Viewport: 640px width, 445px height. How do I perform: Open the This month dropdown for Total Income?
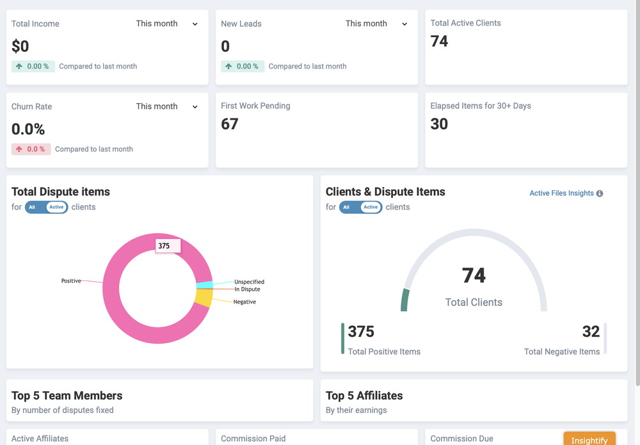166,24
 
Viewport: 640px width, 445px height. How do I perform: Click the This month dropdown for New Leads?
376,24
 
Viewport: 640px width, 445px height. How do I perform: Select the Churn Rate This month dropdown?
166,107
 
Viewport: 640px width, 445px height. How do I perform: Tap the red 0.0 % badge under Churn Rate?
31,149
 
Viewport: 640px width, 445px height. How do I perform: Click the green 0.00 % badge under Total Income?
33,67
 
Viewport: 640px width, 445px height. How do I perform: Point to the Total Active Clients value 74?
439,42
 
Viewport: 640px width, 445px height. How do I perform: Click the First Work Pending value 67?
230,124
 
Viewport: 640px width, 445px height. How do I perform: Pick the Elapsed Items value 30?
439,124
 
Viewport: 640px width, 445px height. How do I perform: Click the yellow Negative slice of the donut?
203,297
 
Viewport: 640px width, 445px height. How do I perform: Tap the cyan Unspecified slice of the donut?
204,285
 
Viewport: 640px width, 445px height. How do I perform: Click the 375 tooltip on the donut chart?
164,246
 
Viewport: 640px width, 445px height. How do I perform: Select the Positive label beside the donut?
71,281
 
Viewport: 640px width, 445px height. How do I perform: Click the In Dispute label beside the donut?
247,289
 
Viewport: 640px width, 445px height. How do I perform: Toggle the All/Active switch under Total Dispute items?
46,207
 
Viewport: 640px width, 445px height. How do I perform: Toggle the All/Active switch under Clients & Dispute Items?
360,207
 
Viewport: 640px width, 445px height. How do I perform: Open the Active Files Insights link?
561,193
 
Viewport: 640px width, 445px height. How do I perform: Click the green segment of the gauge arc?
404,300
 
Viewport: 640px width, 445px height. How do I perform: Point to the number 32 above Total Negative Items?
590,332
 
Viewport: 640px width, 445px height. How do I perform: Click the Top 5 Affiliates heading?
364,396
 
